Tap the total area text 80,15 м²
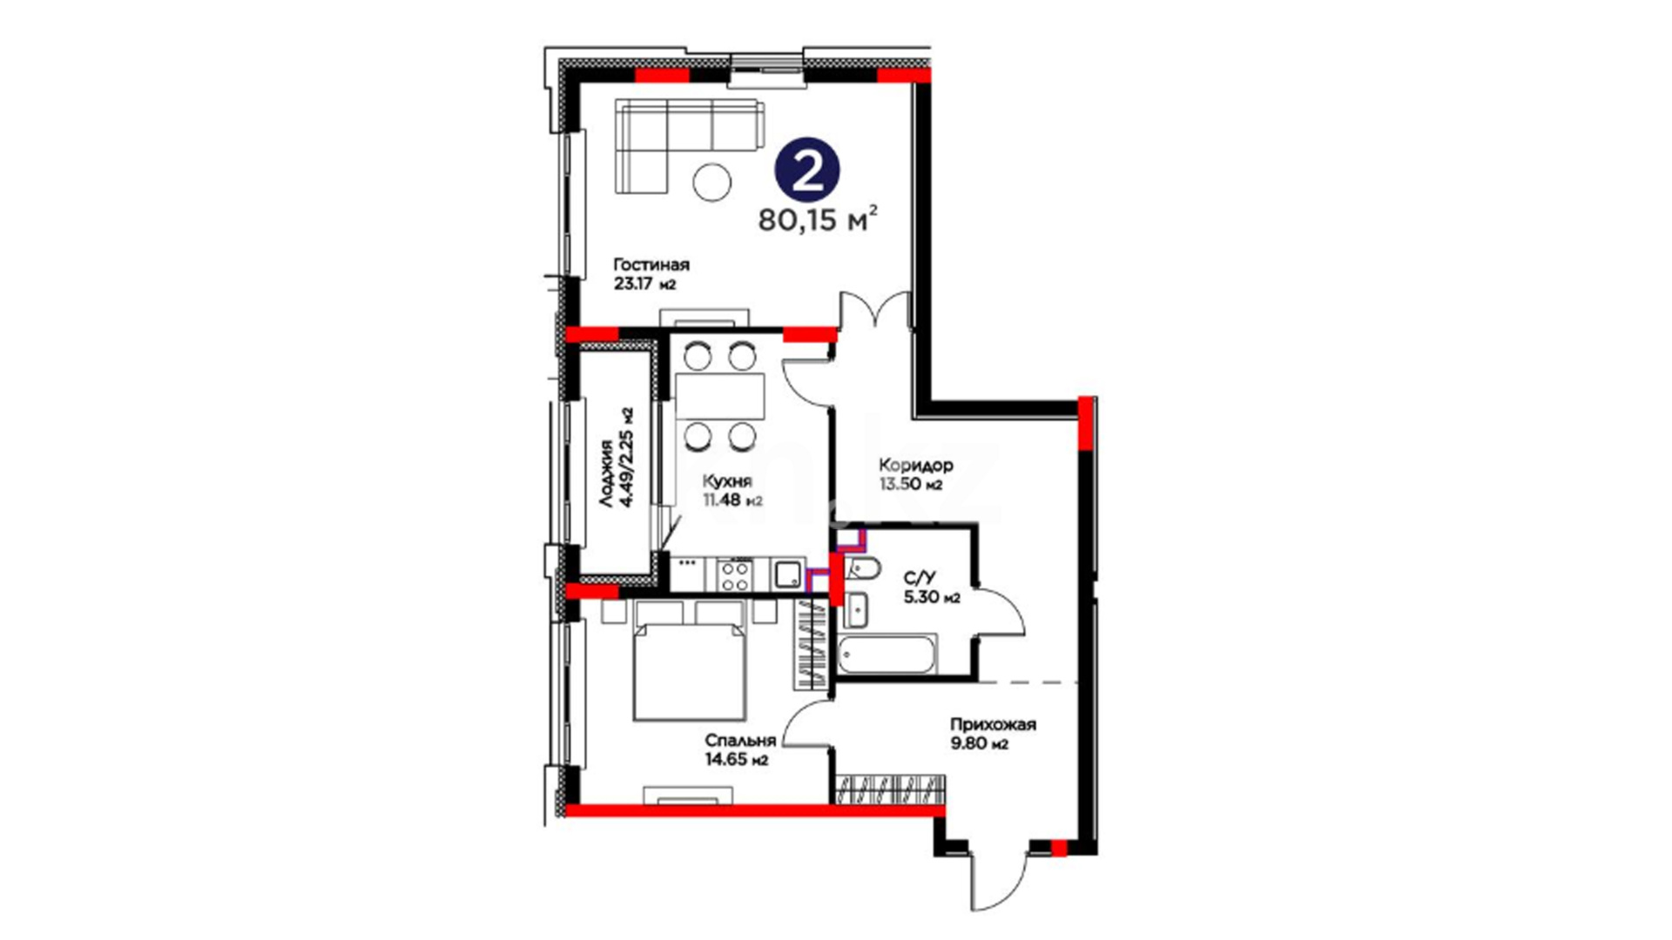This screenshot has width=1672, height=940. (818, 219)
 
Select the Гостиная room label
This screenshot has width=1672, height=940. (651, 265)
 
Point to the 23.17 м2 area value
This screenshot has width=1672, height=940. (645, 283)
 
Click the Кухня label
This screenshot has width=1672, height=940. (727, 481)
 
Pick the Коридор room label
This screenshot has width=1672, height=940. (915, 465)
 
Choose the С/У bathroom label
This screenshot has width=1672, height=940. (920, 578)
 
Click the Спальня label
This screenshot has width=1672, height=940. (740, 741)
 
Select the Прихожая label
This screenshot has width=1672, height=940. (993, 724)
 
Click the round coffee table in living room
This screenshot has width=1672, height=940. (712, 182)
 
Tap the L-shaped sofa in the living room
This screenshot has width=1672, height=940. (688, 144)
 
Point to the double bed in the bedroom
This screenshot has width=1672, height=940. (691, 661)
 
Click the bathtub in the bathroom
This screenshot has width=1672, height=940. (887, 655)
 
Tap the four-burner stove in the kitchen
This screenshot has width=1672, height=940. (734, 574)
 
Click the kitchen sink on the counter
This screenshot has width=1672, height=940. (789, 574)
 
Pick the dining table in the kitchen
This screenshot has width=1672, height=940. (720, 397)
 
